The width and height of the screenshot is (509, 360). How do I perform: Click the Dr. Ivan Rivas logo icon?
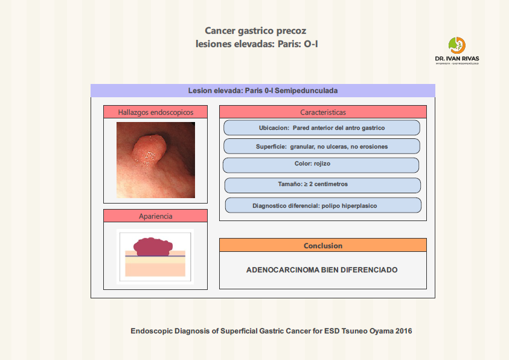456,45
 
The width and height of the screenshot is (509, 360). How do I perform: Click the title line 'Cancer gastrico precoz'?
259,31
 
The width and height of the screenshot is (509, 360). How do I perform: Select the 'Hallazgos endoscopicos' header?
155,112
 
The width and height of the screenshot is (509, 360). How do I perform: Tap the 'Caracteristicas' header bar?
322,112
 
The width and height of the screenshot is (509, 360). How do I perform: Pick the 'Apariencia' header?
155,216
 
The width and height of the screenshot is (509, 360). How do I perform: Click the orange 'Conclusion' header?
322,245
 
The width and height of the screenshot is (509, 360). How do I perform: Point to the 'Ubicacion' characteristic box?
321,128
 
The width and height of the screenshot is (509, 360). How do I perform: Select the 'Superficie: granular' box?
321,147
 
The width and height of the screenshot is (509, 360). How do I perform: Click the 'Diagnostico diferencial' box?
322,205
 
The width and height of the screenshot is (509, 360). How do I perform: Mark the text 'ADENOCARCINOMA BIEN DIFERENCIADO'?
322,270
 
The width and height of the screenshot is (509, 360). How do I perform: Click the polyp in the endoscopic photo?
149,149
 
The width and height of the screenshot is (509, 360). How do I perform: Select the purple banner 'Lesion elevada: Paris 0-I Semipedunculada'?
263,91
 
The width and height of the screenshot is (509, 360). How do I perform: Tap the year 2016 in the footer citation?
403,331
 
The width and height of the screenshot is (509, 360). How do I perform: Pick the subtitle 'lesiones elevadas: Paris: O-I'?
257,44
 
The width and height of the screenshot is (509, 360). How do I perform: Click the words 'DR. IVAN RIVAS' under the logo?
457,59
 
